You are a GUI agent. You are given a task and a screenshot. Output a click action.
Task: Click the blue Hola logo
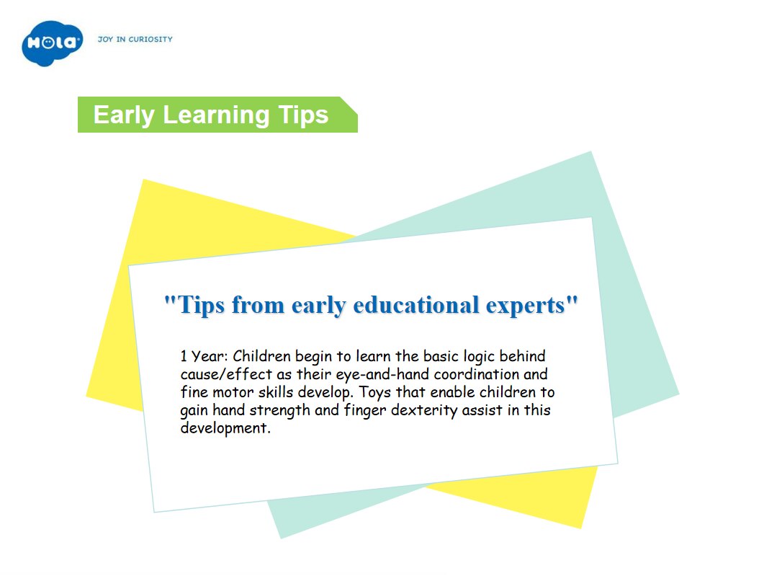point(52,43)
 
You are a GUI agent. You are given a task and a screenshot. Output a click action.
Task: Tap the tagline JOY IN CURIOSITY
point(135,39)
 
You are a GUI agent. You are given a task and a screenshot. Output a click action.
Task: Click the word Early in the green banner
point(124,115)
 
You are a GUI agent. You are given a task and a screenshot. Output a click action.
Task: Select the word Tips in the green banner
point(304,115)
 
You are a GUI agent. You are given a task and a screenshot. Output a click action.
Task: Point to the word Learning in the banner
point(216,115)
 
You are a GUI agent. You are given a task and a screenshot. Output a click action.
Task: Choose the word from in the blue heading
point(258,306)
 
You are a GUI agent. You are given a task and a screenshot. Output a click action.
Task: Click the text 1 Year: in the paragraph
point(205,356)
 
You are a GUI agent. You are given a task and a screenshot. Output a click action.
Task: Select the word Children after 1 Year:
point(261,356)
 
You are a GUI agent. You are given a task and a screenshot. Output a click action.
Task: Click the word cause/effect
point(226,374)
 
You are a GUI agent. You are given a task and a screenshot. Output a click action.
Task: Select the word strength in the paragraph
point(279,410)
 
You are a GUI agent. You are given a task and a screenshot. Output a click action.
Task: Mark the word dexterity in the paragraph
point(424,410)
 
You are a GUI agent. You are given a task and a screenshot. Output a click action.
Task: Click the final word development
point(225,428)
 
